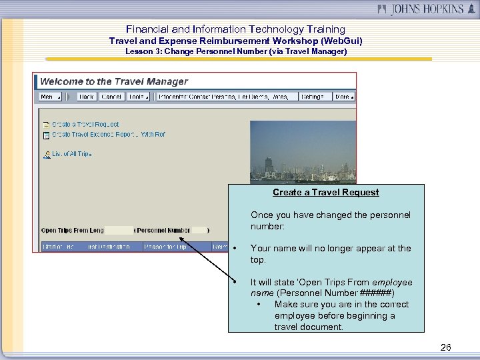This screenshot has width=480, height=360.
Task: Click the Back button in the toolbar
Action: [x=87, y=97]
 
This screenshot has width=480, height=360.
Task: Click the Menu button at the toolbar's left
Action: [x=49, y=97]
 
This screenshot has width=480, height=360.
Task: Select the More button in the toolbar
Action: [x=345, y=97]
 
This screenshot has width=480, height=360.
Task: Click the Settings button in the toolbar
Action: [x=313, y=97]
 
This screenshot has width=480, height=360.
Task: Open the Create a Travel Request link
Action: [x=85, y=124]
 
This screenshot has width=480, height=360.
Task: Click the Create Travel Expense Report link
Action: [x=108, y=135]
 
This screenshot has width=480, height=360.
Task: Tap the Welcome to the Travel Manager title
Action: [x=114, y=81]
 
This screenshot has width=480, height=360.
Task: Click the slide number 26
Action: [x=446, y=347]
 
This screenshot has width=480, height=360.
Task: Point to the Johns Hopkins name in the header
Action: [x=418, y=9]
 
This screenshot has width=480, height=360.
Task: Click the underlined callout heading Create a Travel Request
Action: [x=325, y=192]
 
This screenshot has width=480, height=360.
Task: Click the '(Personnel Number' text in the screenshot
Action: [x=163, y=231]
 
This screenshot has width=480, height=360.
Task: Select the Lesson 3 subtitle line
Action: [x=236, y=51]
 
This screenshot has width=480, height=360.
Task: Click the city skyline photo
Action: [x=303, y=151]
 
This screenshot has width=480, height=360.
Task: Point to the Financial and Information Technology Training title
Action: [x=236, y=29]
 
